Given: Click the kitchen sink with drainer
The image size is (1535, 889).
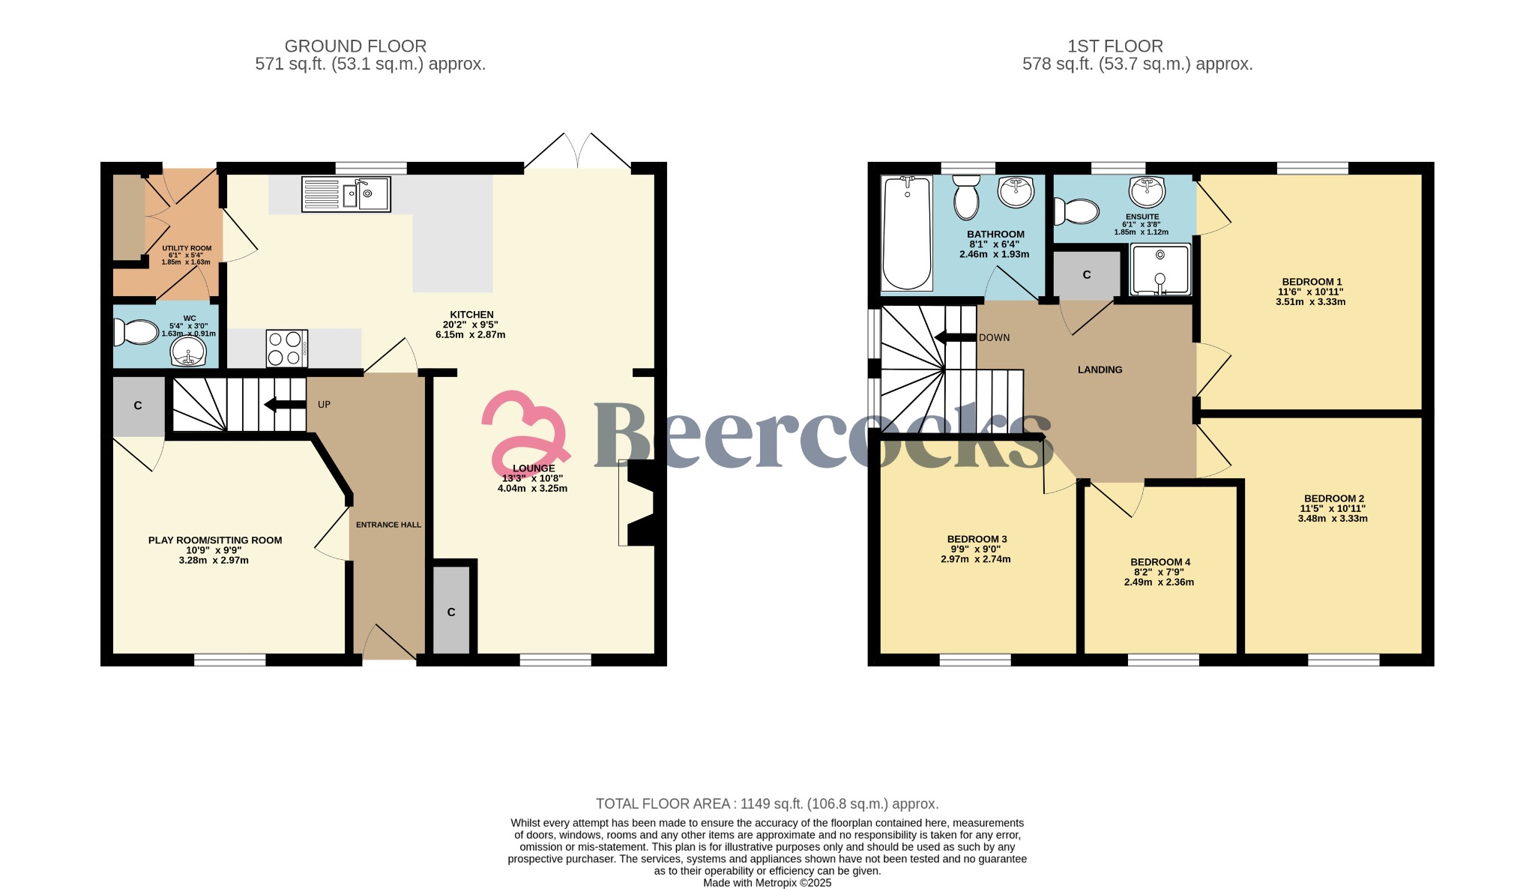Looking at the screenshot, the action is [346, 193].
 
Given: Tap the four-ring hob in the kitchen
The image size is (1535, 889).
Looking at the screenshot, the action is [287, 349].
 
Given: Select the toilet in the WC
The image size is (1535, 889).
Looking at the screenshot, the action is [136, 332].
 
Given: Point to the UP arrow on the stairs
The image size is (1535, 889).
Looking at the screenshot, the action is [285, 405].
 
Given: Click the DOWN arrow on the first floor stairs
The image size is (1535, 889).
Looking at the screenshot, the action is [956, 337].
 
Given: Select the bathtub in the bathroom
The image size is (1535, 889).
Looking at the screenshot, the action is [907, 233].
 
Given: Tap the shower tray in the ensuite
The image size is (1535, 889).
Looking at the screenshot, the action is [1159, 269].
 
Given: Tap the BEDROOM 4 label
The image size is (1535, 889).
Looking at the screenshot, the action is [1160, 562].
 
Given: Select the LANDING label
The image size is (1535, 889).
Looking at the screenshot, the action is [1100, 370].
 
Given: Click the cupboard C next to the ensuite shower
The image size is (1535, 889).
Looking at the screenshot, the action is [1087, 275].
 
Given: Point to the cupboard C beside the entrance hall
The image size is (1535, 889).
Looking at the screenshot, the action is [451, 610].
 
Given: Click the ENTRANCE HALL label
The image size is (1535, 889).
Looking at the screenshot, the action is [388, 525].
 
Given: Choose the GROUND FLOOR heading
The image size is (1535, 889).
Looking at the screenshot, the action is [355, 46].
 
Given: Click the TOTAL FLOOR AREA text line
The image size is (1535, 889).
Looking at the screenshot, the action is [767, 804].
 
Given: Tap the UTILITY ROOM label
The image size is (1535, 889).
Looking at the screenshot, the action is [187, 248].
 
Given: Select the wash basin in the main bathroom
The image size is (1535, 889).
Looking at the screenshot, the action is [1016, 191].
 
